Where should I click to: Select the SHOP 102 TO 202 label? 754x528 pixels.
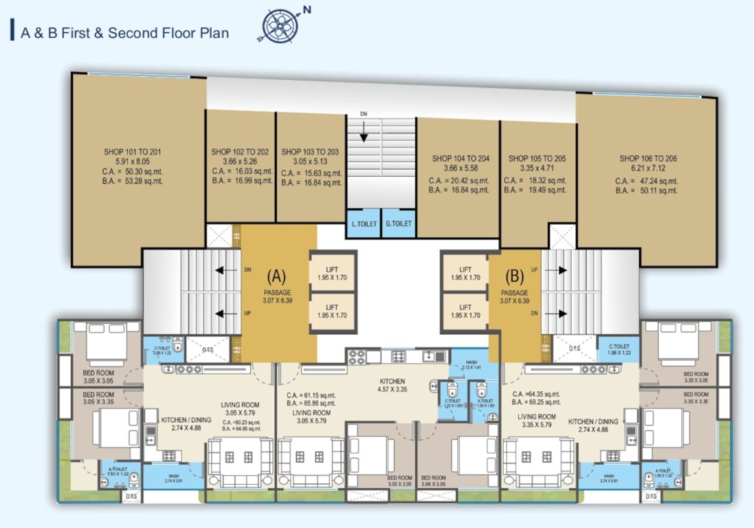(240, 151)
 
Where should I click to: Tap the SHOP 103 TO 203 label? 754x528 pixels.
(310, 151)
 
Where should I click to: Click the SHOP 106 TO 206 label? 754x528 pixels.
(647, 158)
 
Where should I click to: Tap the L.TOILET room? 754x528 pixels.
(362, 223)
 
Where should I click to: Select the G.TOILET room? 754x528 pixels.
(398, 223)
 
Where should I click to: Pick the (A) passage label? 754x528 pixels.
(276, 276)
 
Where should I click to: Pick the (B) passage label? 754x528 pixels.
(514, 276)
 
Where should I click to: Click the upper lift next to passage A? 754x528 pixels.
(333, 274)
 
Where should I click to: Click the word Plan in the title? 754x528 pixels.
(214, 32)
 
